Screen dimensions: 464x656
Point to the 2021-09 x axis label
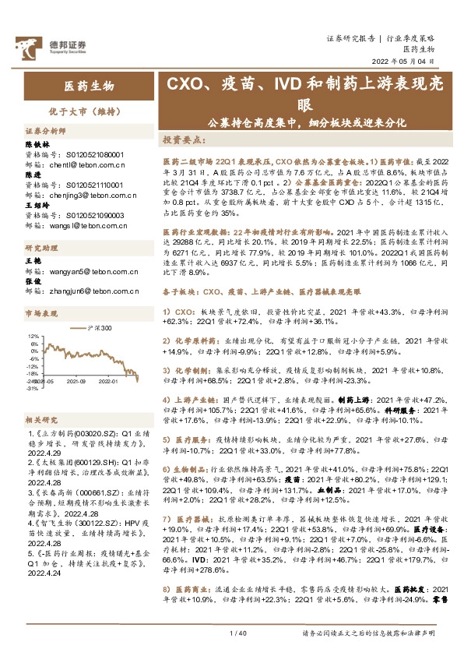tap(76, 382)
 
